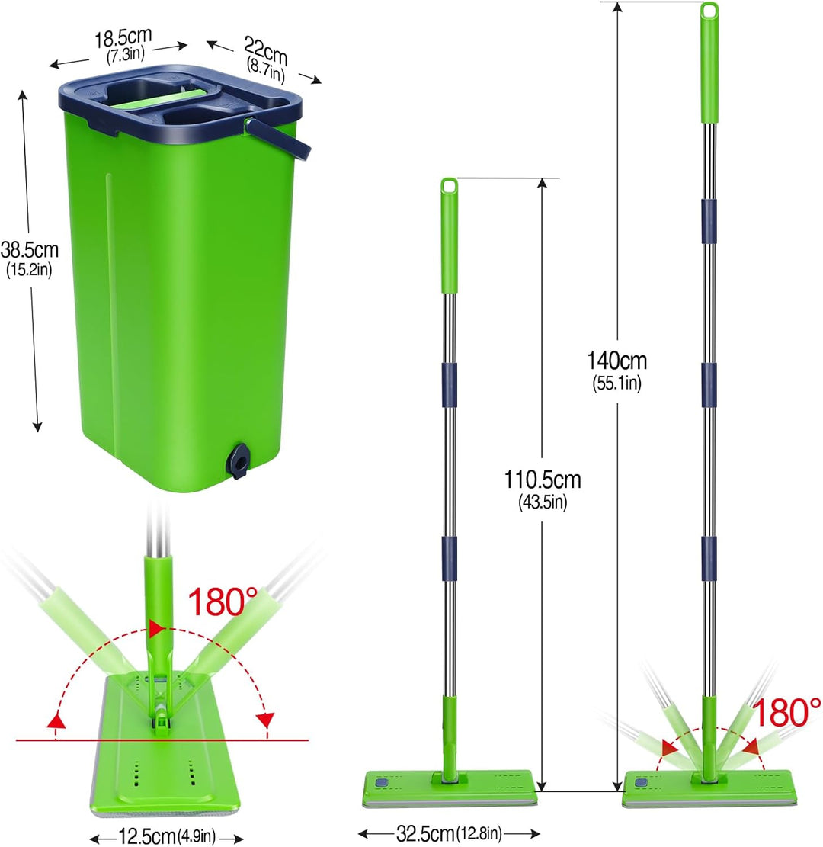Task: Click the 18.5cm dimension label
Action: (123, 38)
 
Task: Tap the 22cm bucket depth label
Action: (265, 50)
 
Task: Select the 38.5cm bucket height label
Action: (29, 250)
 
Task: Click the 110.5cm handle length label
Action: (542, 480)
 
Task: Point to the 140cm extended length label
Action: (616, 361)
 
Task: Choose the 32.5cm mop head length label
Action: (425, 833)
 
